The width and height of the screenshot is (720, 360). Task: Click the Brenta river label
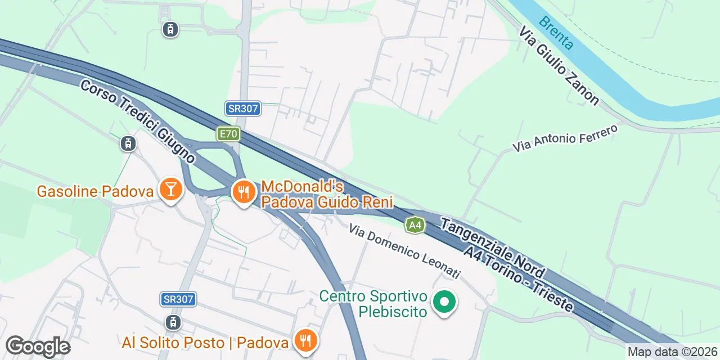pyautogui.click(x=556, y=33)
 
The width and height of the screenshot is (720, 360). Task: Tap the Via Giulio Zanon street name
pyautogui.click(x=559, y=65)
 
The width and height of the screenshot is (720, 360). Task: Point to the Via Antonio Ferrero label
pyautogui.click(x=565, y=138)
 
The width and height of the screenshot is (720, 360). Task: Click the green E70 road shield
pyautogui.click(x=228, y=134)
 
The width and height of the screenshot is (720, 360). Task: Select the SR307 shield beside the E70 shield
pyautogui.click(x=243, y=109)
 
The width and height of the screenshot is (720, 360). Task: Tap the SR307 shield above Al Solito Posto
pyautogui.click(x=178, y=299)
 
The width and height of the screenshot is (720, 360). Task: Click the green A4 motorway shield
pyautogui.click(x=415, y=226)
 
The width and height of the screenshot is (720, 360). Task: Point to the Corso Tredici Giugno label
pyautogui.click(x=137, y=121)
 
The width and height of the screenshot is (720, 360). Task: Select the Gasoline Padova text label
pyautogui.click(x=95, y=192)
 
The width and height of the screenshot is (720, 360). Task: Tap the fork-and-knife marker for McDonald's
pyautogui.click(x=244, y=192)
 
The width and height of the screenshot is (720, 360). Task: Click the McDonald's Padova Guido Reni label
pyautogui.click(x=327, y=194)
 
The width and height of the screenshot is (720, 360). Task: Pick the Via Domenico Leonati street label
pyautogui.click(x=404, y=251)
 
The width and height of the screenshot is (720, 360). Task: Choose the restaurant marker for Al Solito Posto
pyautogui.click(x=305, y=341)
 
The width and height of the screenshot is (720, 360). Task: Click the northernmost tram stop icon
pyautogui.click(x=170, y=29)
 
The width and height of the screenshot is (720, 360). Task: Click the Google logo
pyautogui.click(x=38, y=346)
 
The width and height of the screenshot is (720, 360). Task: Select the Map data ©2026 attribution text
pyautogui.click(x=672, y=352)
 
